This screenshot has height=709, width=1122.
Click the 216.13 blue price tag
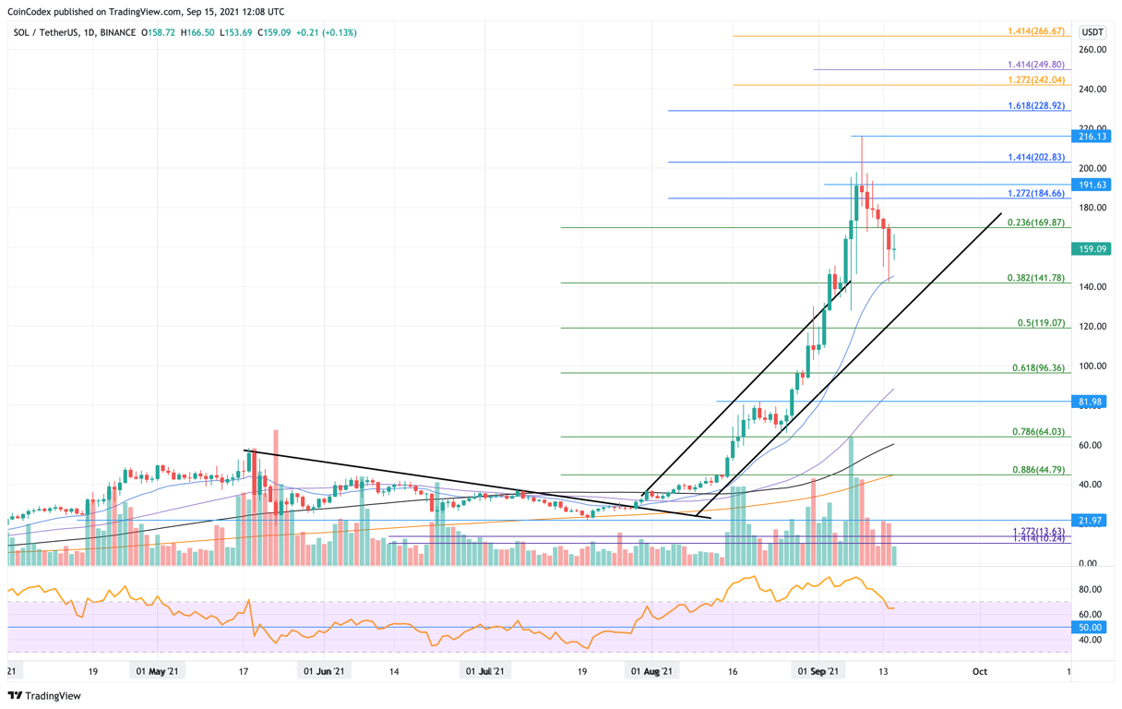point(1093,136)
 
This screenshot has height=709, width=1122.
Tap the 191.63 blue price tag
point(1093,185)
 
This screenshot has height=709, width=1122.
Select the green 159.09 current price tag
point(1093,249)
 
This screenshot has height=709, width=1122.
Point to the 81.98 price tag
point(1093,402)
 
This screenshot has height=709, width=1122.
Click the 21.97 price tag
point(1093,521)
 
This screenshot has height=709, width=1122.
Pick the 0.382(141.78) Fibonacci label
point(1039,278)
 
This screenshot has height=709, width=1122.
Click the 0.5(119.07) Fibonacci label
point(1042,324)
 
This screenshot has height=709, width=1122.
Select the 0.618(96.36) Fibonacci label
point(1039,368)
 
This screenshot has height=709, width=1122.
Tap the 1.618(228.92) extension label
point(1036,106)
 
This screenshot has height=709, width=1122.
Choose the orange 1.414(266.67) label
point(1036,31)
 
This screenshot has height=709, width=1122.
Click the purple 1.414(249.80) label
point(1036,65)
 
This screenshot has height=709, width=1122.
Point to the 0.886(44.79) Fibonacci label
point(1039,470)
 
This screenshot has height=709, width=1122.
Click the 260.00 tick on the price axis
point(1092,50)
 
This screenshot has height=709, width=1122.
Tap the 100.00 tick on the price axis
point(1092,367)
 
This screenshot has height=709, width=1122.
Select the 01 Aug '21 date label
point(652,672)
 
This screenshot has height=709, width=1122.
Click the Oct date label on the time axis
point(980,672)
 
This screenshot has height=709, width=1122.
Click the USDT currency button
point(1092,32)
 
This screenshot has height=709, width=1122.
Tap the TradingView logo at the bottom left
point(44,696)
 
